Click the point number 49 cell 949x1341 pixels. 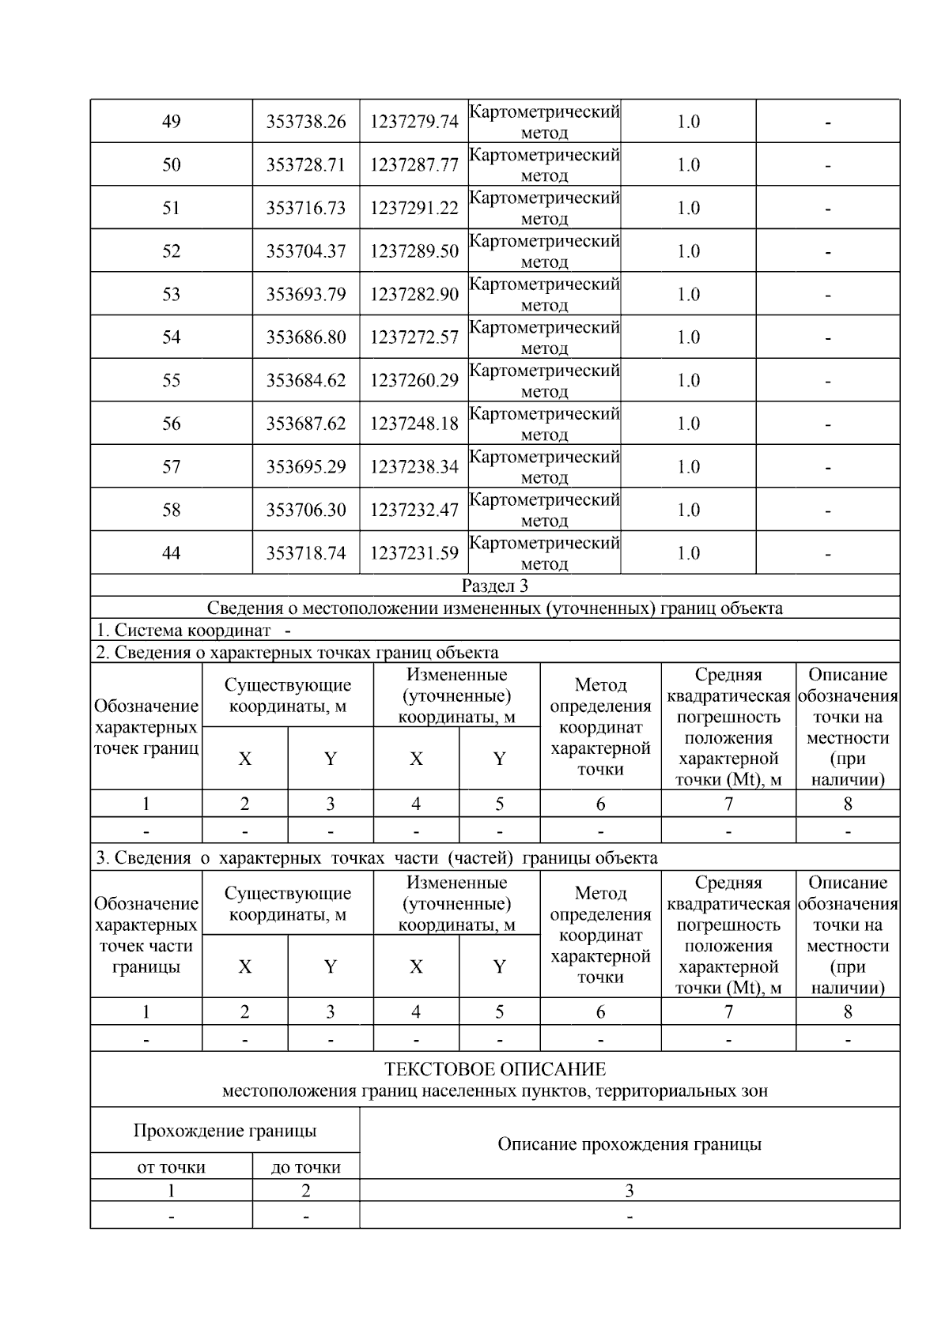[x=171, y=122]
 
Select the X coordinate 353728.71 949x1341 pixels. [x=306, y=165]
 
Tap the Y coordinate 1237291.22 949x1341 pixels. [x=414, y=208]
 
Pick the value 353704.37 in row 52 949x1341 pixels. [x=306, y=251]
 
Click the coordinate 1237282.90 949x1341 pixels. [x=414, y=295]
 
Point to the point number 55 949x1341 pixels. [x=171, y=381]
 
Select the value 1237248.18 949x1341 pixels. [x=414, y=424]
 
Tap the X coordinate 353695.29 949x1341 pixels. [x=306, y=467]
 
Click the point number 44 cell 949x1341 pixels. [x=171, y=553]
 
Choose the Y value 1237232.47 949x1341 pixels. [x=414, y=510]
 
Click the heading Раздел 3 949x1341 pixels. [x=495, y=586]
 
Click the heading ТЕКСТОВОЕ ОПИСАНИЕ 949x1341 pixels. [x=495, y=1069]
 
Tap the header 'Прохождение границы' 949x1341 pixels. [x=225, y=1131]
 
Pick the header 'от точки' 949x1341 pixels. [x=171, y=1167]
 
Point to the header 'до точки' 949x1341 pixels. [x=305, y=1167]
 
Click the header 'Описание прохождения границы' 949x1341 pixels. [x=629, y=1144]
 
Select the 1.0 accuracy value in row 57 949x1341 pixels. [x=688, y=467]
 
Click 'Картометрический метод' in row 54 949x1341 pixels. [x=544, y=337]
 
